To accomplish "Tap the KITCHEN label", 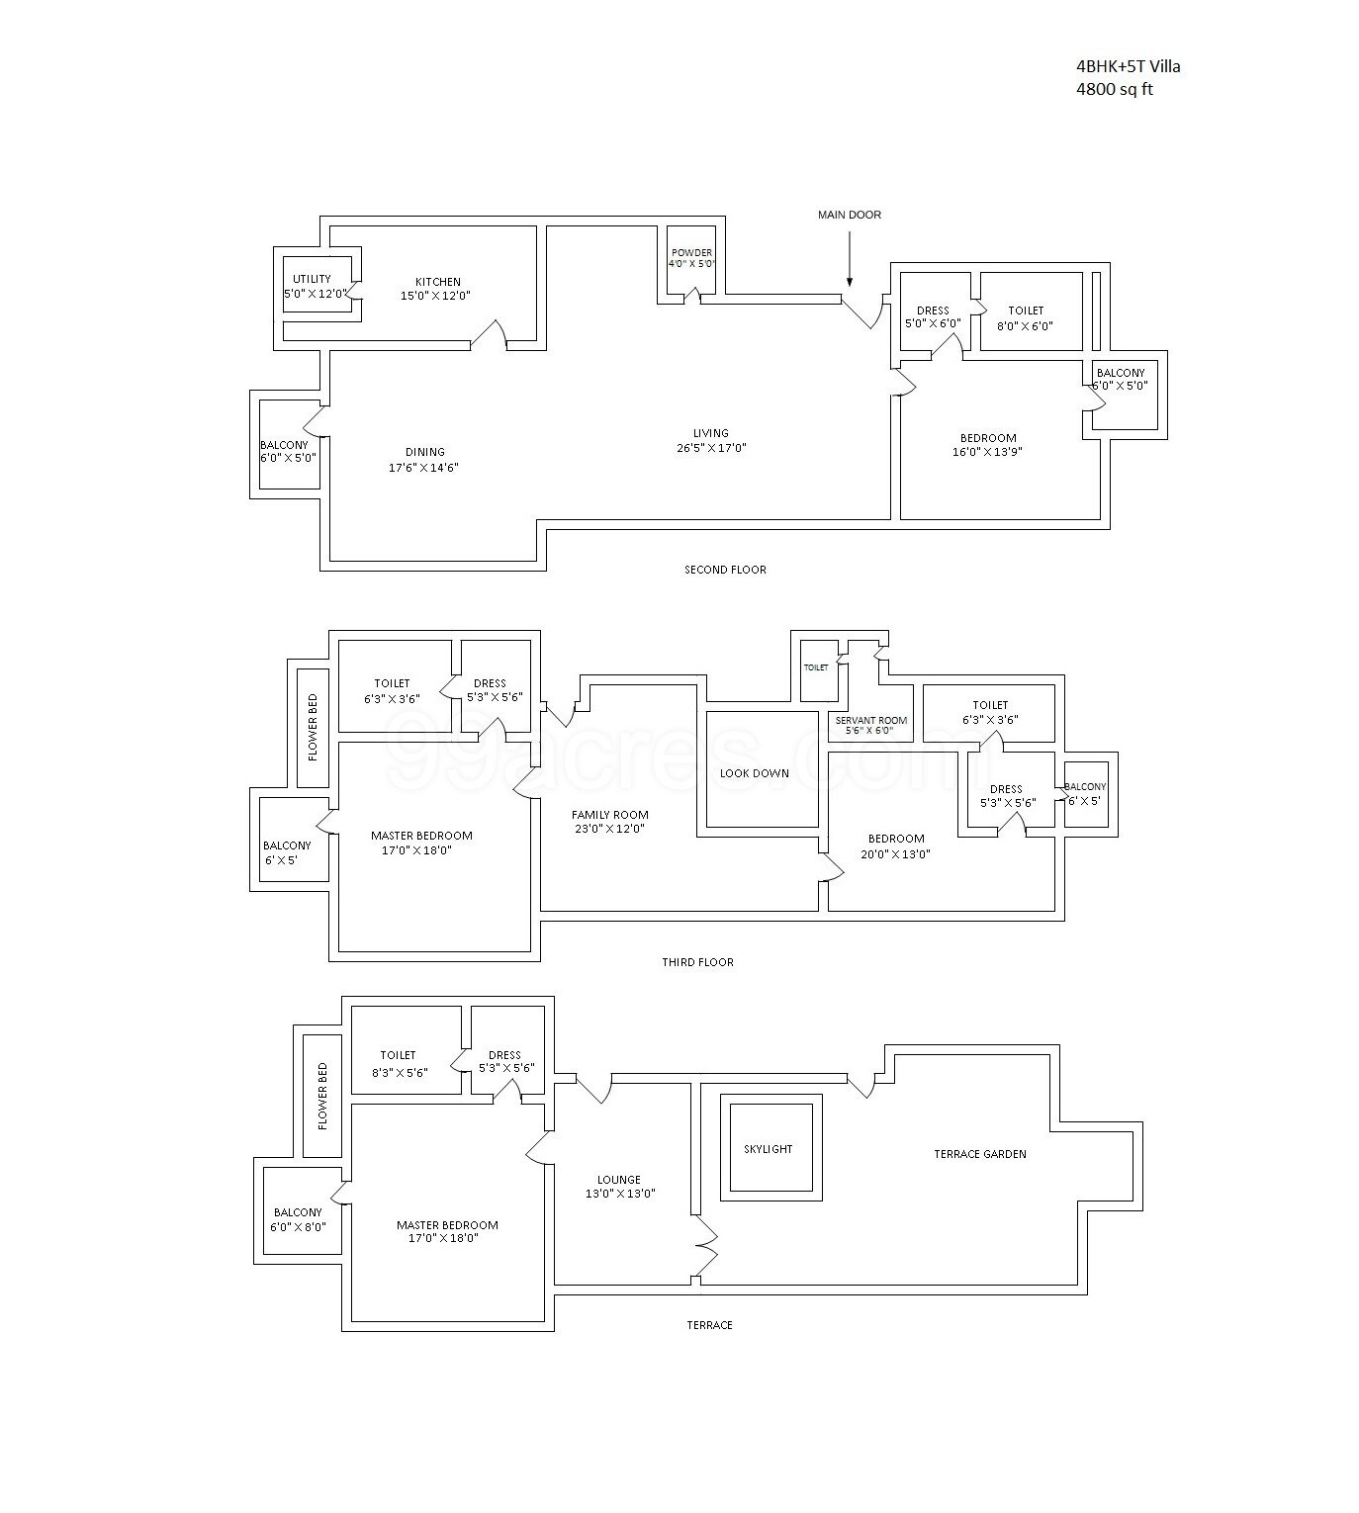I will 436,282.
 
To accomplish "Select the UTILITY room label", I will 312,279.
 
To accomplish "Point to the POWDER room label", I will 691,252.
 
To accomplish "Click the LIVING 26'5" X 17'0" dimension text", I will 710,448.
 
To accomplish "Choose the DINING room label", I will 424,452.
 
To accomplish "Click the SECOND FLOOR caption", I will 725,570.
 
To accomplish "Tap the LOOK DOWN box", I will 755,773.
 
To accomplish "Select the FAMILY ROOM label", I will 610,815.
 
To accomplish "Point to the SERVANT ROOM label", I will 870,720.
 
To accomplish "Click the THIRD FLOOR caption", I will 698,962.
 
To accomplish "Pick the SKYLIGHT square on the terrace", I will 769,1149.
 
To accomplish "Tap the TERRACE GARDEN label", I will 980,1154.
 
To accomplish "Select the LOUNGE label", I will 619,1180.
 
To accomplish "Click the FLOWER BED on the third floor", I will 313,728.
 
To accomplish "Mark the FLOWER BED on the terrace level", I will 322,1096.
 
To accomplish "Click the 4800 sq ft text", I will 1115,90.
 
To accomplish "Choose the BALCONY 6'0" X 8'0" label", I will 298,1219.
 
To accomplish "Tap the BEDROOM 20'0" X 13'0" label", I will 896,846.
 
